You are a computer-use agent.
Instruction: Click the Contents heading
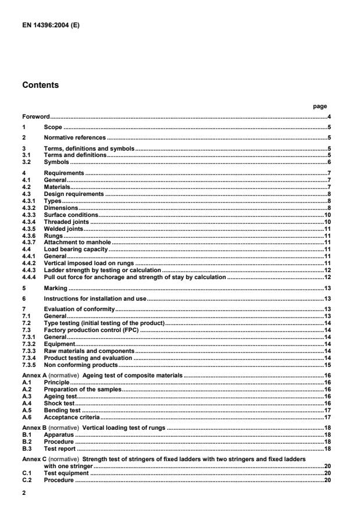click(x=40, y=85)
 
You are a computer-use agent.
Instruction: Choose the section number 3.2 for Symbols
click(x=27, y=162)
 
